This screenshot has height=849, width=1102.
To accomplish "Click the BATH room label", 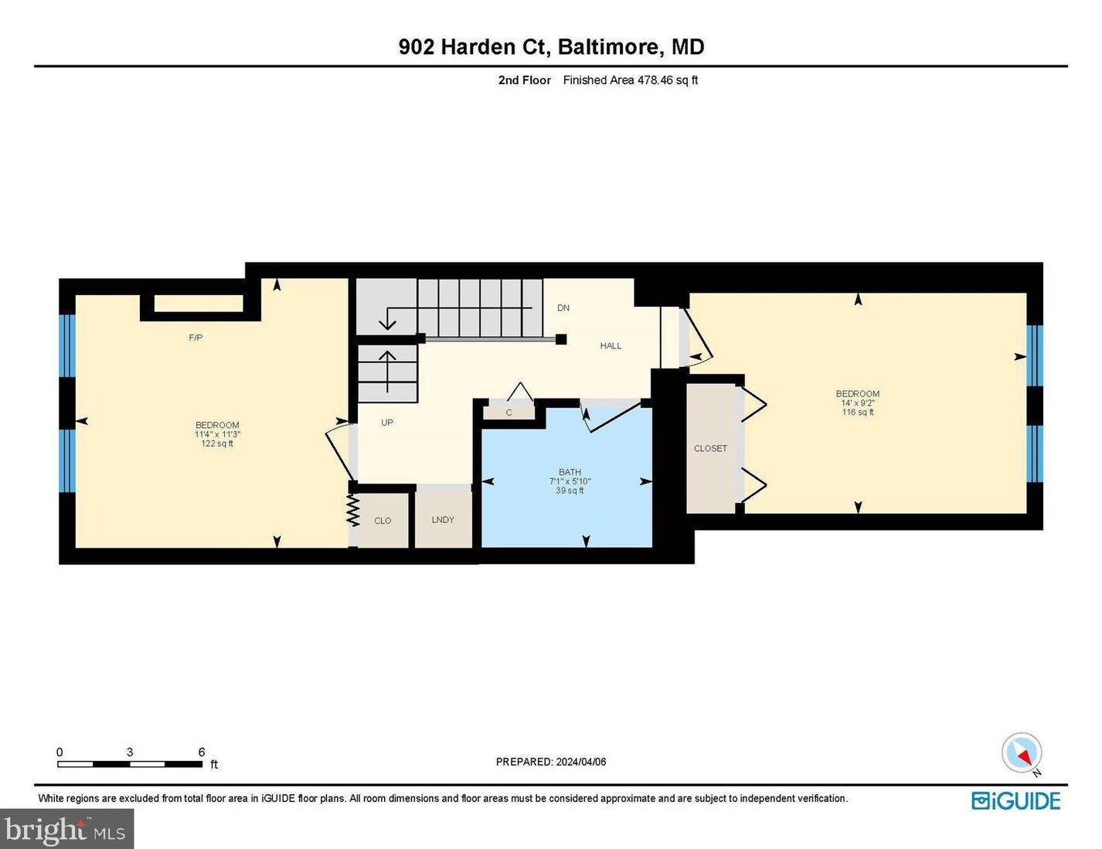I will tap(570, 472).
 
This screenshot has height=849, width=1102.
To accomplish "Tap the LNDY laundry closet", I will tap(443, 520).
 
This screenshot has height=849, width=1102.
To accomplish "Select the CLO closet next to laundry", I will tap(383, 521).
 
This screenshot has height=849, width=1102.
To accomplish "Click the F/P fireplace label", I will tap(196, 338).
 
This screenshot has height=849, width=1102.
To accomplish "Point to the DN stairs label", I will tap(563, 307).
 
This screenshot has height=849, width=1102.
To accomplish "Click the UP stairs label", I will tap(387, 423).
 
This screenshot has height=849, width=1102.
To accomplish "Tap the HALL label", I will tap(611, 346).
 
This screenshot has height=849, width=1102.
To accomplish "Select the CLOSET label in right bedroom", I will tap(710, 448).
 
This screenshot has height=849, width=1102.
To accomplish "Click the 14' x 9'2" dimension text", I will tap(858, 403).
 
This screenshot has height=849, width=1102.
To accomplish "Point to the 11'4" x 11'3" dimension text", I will tap(217, 434).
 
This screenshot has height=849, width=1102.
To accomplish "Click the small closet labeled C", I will tap(508, 413).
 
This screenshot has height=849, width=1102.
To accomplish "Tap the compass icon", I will tap(1022, 752).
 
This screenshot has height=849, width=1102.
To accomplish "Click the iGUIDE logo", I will tap(1015, 801).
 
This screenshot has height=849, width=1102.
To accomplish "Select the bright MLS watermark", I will tap(66, 830).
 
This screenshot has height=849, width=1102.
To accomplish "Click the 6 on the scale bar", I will tap(202, 752).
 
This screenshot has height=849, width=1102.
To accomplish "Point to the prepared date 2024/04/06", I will tap(580, 762).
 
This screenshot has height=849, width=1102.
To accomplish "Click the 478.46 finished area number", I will tap(655, 80).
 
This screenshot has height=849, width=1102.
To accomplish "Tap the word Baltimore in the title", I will tap(607, 47).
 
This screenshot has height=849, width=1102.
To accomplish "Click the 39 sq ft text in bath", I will tap(570, 491).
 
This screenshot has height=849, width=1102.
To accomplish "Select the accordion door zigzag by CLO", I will tap(353, 510).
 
